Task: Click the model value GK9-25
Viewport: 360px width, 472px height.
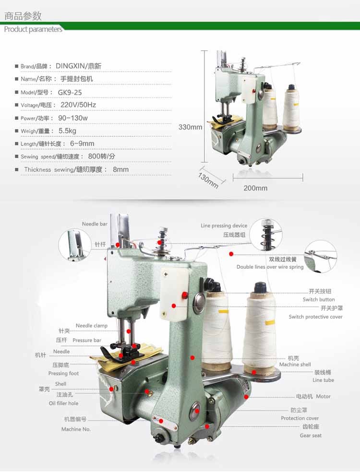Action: click(70, 93)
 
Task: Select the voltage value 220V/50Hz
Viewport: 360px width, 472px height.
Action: click(78, 105)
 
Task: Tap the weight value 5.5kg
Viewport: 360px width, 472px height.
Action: click(67, 130)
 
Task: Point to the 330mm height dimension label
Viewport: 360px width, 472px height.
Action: click(190, 127)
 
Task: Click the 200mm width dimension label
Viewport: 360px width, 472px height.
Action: click(255, 188)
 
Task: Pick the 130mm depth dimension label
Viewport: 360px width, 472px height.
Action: click(208, 180)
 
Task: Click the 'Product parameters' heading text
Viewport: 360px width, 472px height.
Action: click(33, 29)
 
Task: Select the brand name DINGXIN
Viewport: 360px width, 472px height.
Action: click(70, 66)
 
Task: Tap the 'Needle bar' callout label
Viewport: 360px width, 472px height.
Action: click(95, 224)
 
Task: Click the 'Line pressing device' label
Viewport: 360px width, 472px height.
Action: click(224, 226)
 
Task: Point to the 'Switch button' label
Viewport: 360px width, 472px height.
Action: click(319, 299)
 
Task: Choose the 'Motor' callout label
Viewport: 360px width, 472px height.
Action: click(323, 396)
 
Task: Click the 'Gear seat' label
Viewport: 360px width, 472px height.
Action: click(311, 436)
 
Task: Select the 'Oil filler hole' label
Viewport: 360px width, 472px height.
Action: click(63, 403)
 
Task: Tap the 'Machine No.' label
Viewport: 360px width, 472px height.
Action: click(76, 429)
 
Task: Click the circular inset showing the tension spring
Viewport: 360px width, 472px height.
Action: click(266, 235)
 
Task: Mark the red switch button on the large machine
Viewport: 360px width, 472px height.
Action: click(184, 295)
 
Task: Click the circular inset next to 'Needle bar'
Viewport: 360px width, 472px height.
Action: click(75, 245)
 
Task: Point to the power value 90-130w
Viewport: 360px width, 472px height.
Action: click(73, 118)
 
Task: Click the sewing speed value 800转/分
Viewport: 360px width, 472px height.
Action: click(102, 156)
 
